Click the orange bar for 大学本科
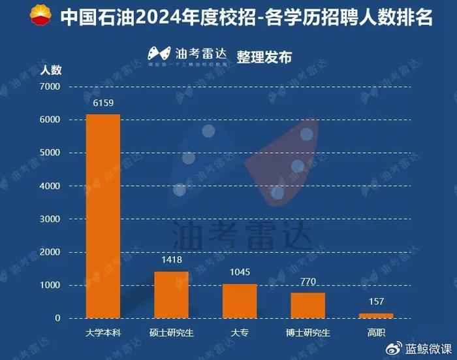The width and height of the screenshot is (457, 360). coord(103,216)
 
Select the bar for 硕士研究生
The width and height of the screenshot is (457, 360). coord(171,295)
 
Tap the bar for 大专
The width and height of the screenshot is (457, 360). coord(240,301)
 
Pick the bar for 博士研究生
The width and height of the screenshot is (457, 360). coord(307,305)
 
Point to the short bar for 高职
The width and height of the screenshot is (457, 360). coord(376,316)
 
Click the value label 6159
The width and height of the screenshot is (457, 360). coord(103,103)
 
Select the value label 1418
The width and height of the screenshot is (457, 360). coord(171,259)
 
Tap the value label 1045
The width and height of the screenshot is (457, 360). coord(240,272)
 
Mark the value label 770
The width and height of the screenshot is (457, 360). coord(307,281)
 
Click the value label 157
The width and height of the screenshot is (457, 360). coord(376,301)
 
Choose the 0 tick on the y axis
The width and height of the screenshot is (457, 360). coord(57,319)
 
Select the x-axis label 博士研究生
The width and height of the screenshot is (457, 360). coord(307,331)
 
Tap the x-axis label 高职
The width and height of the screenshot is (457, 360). coord(376,331)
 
